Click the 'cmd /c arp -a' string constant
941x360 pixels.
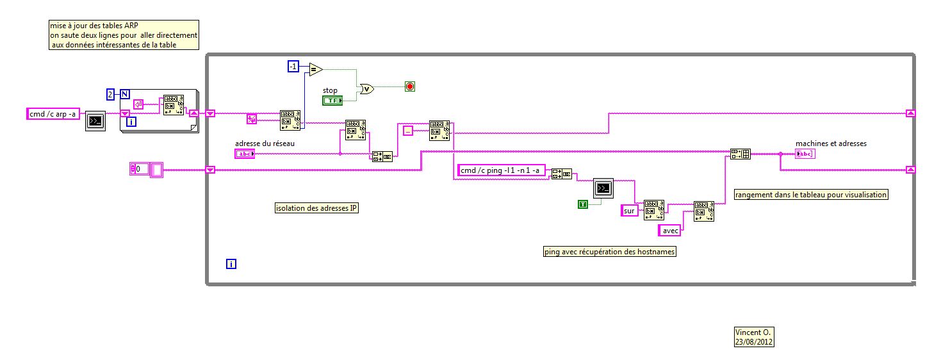[53, 114]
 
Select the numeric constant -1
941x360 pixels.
[293, 67]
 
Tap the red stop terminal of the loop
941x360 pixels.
[410, 86]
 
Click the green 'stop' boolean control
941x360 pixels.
[332, 101]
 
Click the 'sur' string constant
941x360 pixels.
[630, 210]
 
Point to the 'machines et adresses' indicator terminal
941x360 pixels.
[805, 154]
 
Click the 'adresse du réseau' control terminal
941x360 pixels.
[245, 153]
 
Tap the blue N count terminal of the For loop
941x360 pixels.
[125, 95]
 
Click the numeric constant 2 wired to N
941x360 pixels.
[110, 95]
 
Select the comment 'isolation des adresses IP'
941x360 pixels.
[316, 208]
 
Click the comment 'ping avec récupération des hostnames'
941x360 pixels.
[610, 252]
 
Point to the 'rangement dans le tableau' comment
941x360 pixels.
[811, 194]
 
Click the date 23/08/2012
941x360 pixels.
[754, 342]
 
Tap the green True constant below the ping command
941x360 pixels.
[583, 204]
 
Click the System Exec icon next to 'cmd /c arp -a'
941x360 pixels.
[95, 120]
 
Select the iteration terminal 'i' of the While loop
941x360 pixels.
[231, 263]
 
